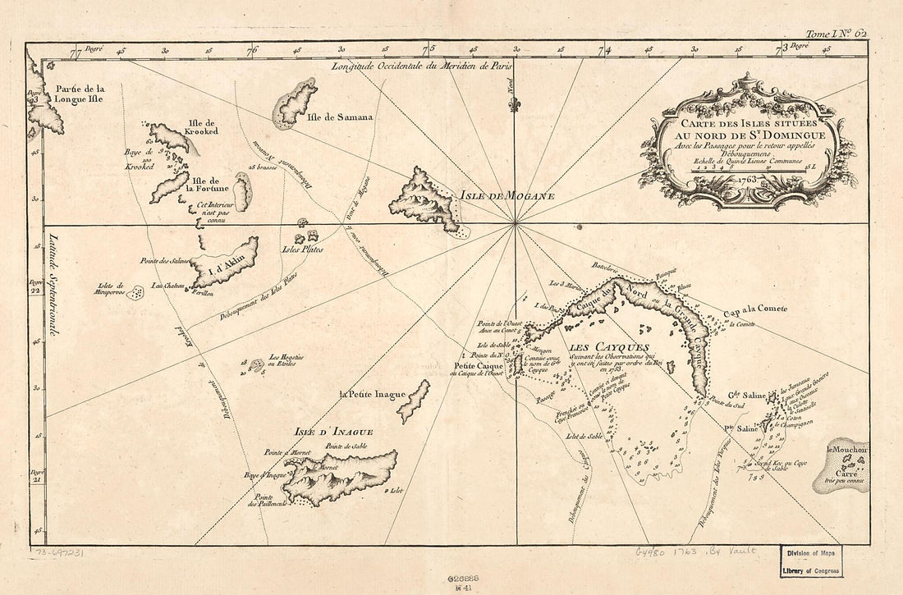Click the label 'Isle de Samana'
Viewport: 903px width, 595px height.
coord(340,117)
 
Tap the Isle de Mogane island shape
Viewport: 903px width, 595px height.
coord(425,199)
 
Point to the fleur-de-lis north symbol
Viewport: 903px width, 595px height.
coord(515,104)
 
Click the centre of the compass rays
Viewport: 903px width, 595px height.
coord(515,222)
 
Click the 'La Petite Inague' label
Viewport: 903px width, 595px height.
coord(372,395)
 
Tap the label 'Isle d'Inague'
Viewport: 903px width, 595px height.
coord(334,432)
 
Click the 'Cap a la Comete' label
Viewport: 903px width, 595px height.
coord(755,309)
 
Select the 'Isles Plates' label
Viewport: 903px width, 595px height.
coord(302,249)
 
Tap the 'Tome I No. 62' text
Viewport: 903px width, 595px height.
coord(836,34)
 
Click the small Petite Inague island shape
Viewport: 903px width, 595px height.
coord(414,400)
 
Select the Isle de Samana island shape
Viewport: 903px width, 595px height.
coord(296,102)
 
